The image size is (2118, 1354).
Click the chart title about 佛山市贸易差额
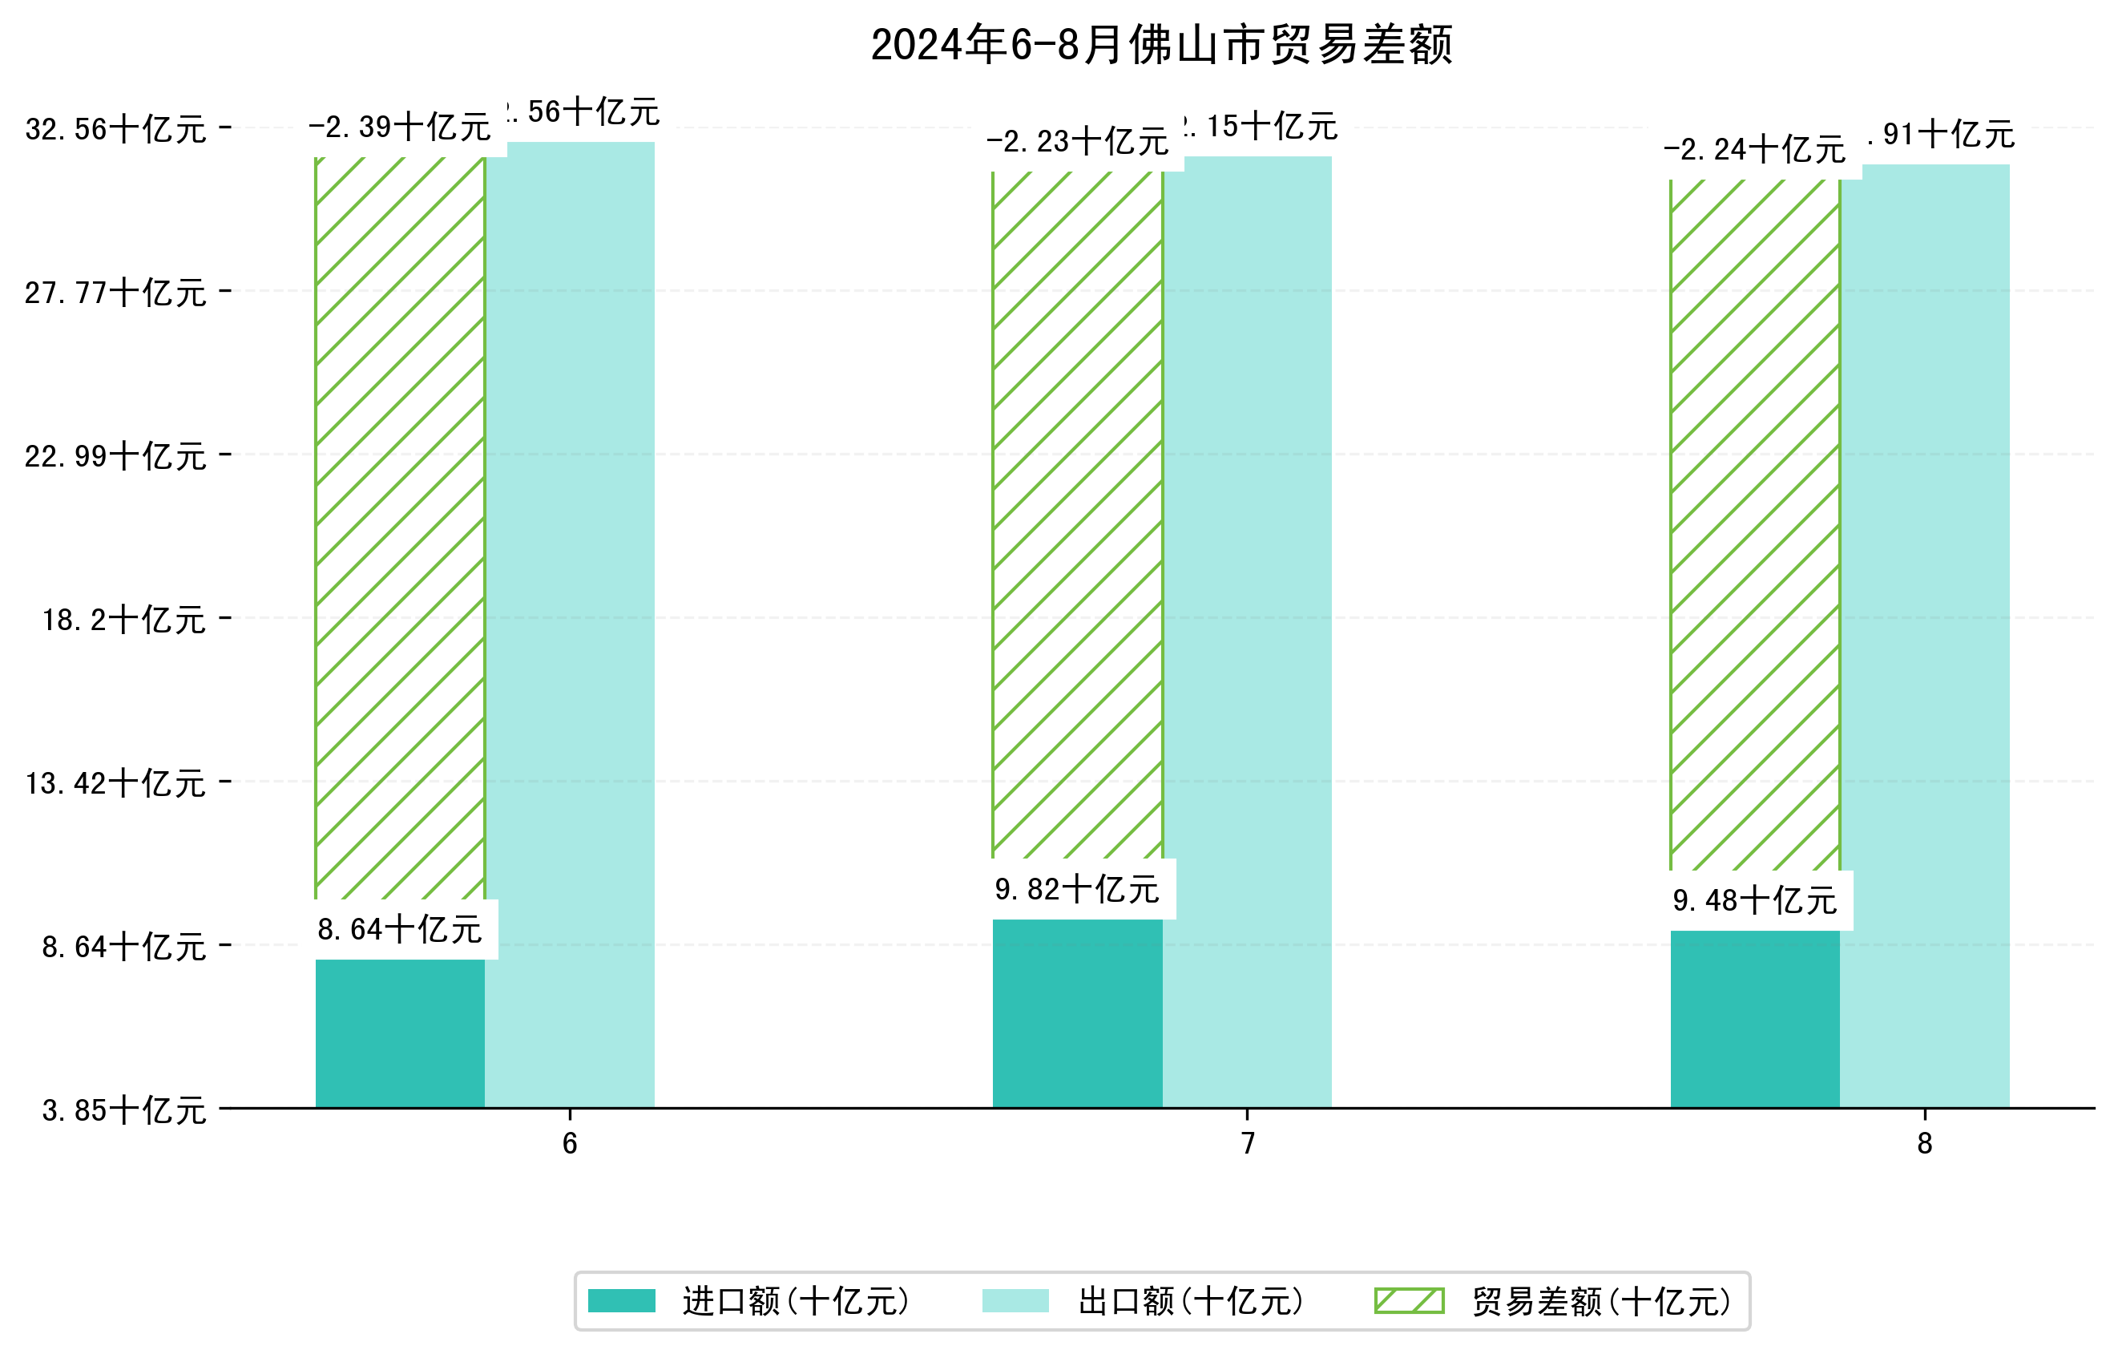tap(1161, 46)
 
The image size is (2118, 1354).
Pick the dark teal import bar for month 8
tap(1755, 1019)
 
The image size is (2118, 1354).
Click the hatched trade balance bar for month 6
tap(400, 527)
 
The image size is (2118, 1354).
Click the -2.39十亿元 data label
tap(400, 127)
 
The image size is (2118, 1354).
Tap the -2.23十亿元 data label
tap(1078, 142)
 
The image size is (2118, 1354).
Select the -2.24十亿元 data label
tap(1755, 150)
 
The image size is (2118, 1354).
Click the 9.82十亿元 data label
tap(1078, 890)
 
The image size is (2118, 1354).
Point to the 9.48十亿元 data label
tap(1755, 901)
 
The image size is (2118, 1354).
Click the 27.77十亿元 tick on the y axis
tap(116, 292)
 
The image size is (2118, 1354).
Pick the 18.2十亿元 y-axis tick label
tap(124, 620)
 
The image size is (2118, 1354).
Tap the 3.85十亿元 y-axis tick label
tap(124, 1110)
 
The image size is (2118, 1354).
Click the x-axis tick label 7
tap(1247, 1143)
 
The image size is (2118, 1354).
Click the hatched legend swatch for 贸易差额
tap(1409, 1300)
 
